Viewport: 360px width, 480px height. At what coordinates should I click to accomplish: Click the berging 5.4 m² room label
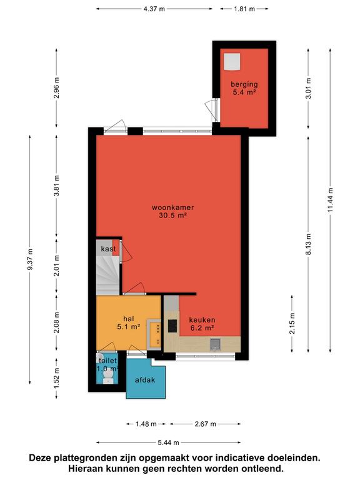[x=244, y=88]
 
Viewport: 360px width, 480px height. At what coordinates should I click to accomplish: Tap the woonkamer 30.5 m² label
[x=173, y=211]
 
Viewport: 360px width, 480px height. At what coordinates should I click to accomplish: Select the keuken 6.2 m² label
[x=202, y=324]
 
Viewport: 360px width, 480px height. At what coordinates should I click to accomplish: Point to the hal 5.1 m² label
[x=129, y=322]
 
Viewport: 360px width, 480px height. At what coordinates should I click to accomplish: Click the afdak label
[x=145, y=380]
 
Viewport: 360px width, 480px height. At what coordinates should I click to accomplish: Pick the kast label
[x=108, y=249]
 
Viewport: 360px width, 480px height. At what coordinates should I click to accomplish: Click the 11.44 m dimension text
[x=330, y=200]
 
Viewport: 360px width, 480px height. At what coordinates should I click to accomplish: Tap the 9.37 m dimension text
[x=30, y=259]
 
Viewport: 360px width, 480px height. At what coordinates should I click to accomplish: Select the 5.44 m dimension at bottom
[x=168, y=442]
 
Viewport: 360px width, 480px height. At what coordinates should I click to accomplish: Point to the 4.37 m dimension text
[x=154, y=9]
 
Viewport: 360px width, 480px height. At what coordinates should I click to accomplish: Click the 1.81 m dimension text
[x=244, y=9]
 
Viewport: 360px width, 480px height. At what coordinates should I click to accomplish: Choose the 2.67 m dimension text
[x=205, y=424]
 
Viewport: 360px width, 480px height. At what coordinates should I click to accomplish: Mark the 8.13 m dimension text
[x=308, y=244]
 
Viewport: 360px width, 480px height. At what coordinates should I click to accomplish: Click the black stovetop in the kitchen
[x=172, y=326]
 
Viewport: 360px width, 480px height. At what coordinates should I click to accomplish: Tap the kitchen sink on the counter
[x=216, y=344]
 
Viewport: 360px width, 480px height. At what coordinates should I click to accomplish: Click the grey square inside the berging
[x=231, y=62]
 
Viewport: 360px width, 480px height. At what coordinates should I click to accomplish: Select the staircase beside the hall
[x=107, y=276]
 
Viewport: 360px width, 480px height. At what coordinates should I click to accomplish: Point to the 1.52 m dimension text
[x=56, y=378]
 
